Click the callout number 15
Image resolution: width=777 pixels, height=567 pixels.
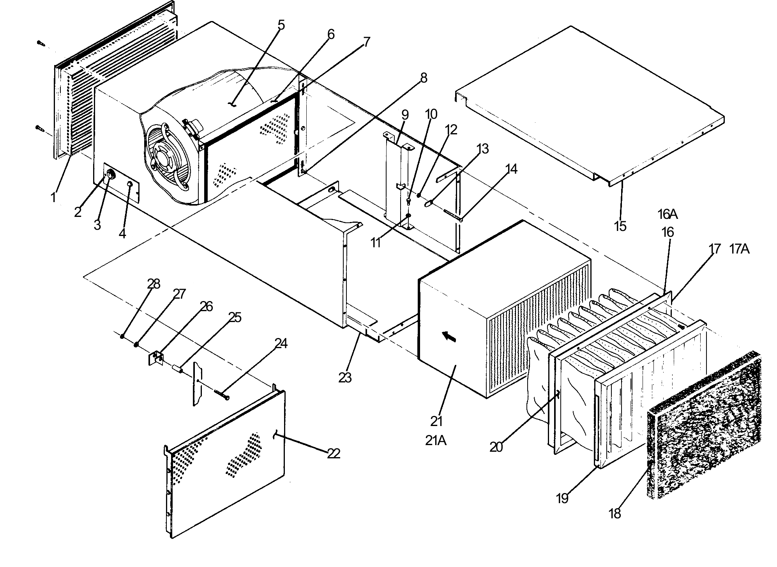coord(620,226)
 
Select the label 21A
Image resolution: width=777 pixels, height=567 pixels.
coord(436,440)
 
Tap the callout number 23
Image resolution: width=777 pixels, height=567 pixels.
coord(345,377)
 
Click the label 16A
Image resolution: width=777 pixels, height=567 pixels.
coord(668,214)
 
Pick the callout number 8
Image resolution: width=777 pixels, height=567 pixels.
coord(424,78)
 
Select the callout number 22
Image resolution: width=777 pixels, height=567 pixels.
coord(334,453)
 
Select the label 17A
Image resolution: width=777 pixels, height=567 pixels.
coord(739,249)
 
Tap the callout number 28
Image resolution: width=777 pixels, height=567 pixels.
coord(154,284)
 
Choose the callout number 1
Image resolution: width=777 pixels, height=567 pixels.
coord(53,197)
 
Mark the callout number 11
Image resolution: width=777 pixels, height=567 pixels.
coord(375,243)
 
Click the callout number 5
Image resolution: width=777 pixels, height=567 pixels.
coord(281,25)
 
